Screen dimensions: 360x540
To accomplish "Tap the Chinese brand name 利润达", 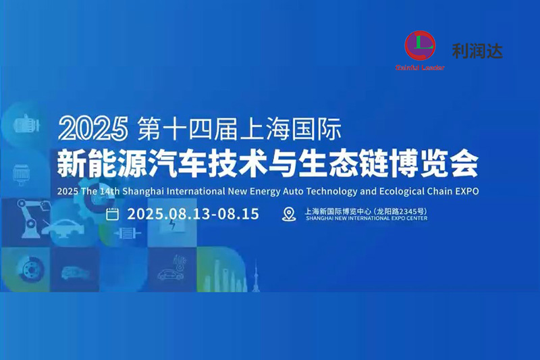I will click(x=477, y=50).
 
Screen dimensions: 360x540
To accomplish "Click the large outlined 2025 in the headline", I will click(x=93, y=126).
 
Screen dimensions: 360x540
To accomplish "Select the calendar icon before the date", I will click(x=113, y=215).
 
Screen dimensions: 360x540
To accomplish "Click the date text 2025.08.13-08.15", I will click(x=193, y=215).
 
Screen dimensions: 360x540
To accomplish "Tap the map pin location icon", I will click(x=289, y=215).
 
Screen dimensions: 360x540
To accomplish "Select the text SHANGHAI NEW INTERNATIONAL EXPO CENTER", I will click(x=367, y=219).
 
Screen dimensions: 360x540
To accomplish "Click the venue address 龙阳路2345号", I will click(x=402, y=210).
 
